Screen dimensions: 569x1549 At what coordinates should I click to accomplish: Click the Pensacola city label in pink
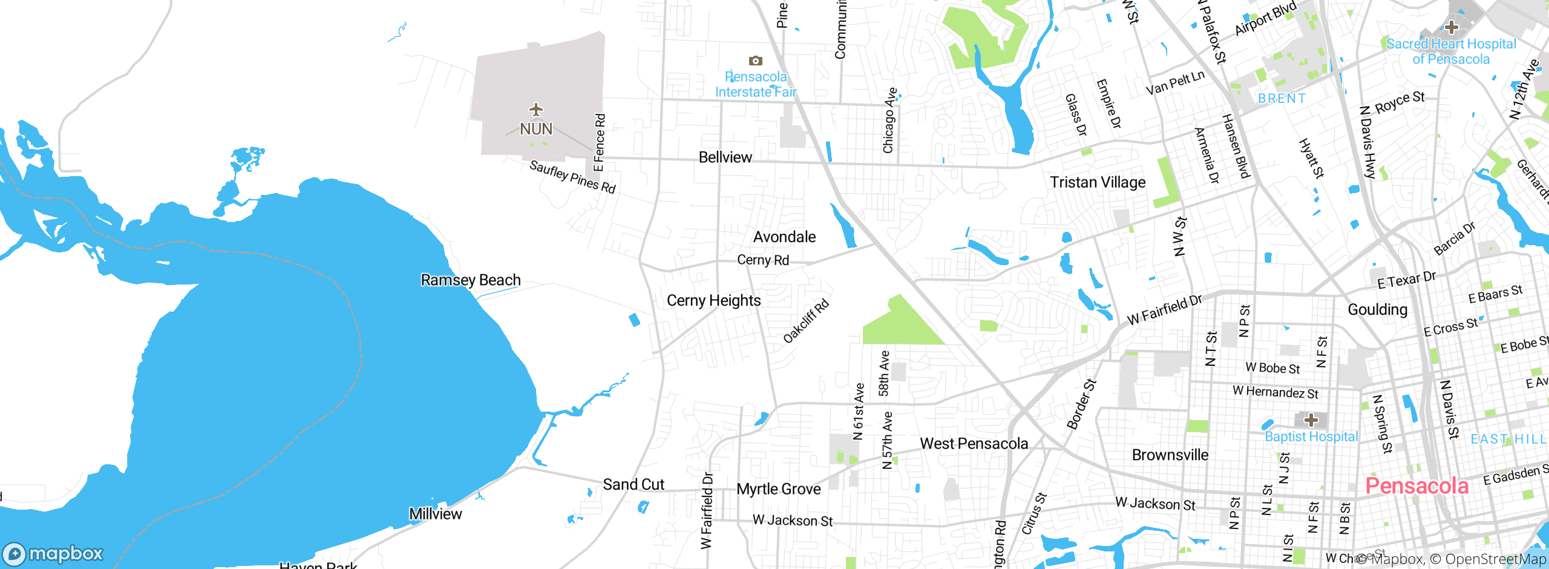point(1416,486)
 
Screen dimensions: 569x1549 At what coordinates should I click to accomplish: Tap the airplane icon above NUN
point(536,110)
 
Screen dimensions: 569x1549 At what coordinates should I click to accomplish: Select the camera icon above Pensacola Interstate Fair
point(755,61)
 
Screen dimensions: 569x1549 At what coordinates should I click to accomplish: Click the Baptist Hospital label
point(1311,436)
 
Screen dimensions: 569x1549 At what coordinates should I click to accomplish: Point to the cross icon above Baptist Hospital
point(1311,419)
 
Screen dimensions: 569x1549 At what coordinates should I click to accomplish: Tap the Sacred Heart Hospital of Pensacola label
point(1451,51)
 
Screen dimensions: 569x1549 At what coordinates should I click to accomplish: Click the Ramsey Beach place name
point(471,280)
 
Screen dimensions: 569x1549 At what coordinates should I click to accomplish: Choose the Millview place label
point(436,514)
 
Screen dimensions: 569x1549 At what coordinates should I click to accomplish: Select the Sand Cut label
point(634,484)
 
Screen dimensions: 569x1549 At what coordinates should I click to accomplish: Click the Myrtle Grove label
point(779,489)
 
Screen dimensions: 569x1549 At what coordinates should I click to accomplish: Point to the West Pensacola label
point(974,444)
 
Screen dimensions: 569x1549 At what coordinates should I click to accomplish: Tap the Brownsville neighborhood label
point(1170,455)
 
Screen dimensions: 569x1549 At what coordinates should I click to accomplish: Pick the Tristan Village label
point(1098,182)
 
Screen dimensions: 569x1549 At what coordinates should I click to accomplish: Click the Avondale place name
point(785,237)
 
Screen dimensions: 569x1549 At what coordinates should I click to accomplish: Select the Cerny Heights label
point(714,301)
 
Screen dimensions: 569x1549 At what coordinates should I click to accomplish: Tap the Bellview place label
point(725,157)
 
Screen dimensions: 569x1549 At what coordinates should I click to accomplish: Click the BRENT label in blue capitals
point(1282,98)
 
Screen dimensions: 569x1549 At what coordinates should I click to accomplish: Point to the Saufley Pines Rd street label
point(572,176)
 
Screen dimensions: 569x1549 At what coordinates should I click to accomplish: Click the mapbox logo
point(53,553)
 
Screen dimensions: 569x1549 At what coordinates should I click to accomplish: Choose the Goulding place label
point(1378,309)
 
